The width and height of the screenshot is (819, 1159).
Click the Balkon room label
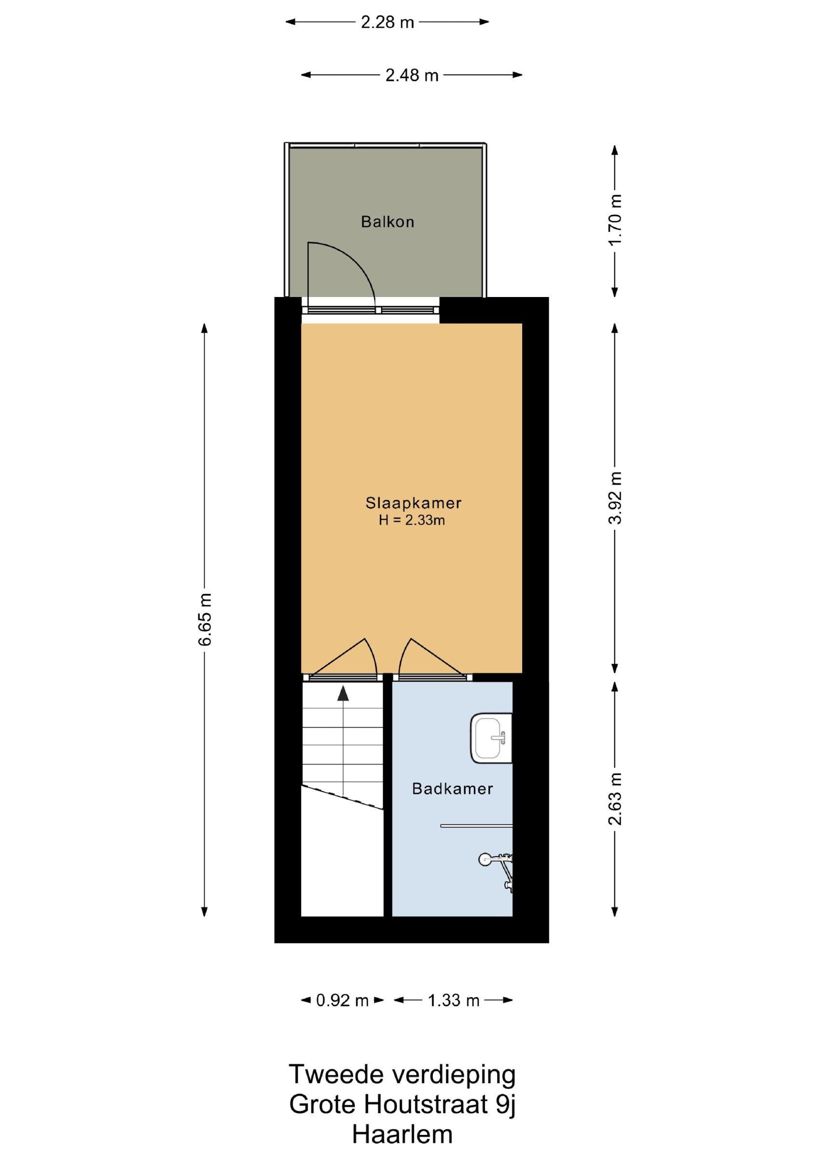(x=387, y=222)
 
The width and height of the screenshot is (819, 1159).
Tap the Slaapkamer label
(x=413, y=503)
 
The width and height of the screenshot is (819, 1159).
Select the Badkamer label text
(x=452, y=789)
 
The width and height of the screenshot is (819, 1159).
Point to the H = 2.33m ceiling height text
(x=412, y=520)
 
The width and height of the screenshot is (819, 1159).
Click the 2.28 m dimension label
(x=387, y=22)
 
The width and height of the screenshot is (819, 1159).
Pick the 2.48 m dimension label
(x=412, y=75)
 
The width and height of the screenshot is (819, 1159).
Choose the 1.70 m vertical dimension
(x=615, y=220)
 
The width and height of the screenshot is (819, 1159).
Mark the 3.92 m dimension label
(x=615, y=498)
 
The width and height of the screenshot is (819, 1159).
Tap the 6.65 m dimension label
(x=205, y=620)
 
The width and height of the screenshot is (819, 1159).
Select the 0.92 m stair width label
(x=343, y=1000)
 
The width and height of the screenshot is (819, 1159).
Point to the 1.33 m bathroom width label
(x=453, y=1000)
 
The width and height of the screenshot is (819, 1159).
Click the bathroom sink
(x=491, y=738)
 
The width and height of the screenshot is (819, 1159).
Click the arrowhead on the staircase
(x=343, y=693)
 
